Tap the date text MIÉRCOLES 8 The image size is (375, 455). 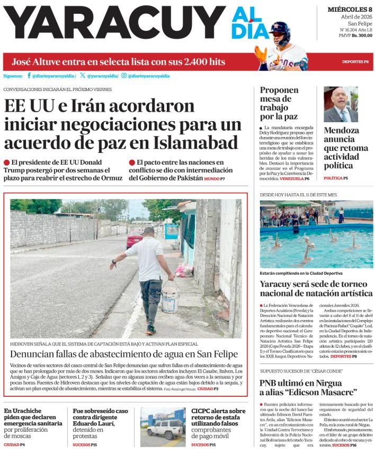[x=350, y=10]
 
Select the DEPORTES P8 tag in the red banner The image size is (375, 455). [x=355, y=62]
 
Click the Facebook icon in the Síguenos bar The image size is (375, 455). [x=29, y=76]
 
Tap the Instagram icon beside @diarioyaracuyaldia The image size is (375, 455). [x=123, y=76]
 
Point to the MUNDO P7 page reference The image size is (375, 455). [x=215, y=179]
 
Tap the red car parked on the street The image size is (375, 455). [x=135, y=239]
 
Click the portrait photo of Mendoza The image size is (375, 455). [x=341, y=104]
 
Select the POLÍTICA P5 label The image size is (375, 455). [x=336, y=178]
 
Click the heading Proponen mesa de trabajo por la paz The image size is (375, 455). [x=279, y=103]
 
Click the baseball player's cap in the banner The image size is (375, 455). [x=280, y=28]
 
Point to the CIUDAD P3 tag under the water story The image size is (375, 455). [x=208, y=388]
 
